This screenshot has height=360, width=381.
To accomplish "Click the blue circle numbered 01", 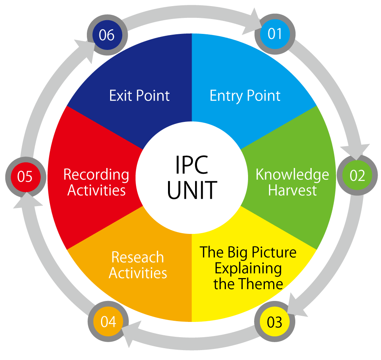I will coord(275,34).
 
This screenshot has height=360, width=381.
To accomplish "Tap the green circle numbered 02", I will coord(357,176).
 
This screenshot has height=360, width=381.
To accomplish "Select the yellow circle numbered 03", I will coord(275,322).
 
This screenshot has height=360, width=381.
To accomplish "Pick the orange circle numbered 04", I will coord(108,322).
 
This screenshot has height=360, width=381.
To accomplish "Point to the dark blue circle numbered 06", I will coord(106,35).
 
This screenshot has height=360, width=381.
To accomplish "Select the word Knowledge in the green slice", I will coord(292,174).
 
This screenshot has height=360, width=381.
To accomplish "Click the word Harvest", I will coord(292,190).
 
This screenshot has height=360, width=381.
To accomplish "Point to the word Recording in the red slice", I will coord(96,175).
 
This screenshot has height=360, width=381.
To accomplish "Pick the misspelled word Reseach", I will coord(138,258).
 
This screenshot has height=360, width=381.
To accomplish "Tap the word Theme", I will coord(264,284).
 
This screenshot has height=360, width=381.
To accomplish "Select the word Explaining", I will coord(248,268).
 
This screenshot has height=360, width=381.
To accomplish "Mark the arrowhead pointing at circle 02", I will coord(359,151).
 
